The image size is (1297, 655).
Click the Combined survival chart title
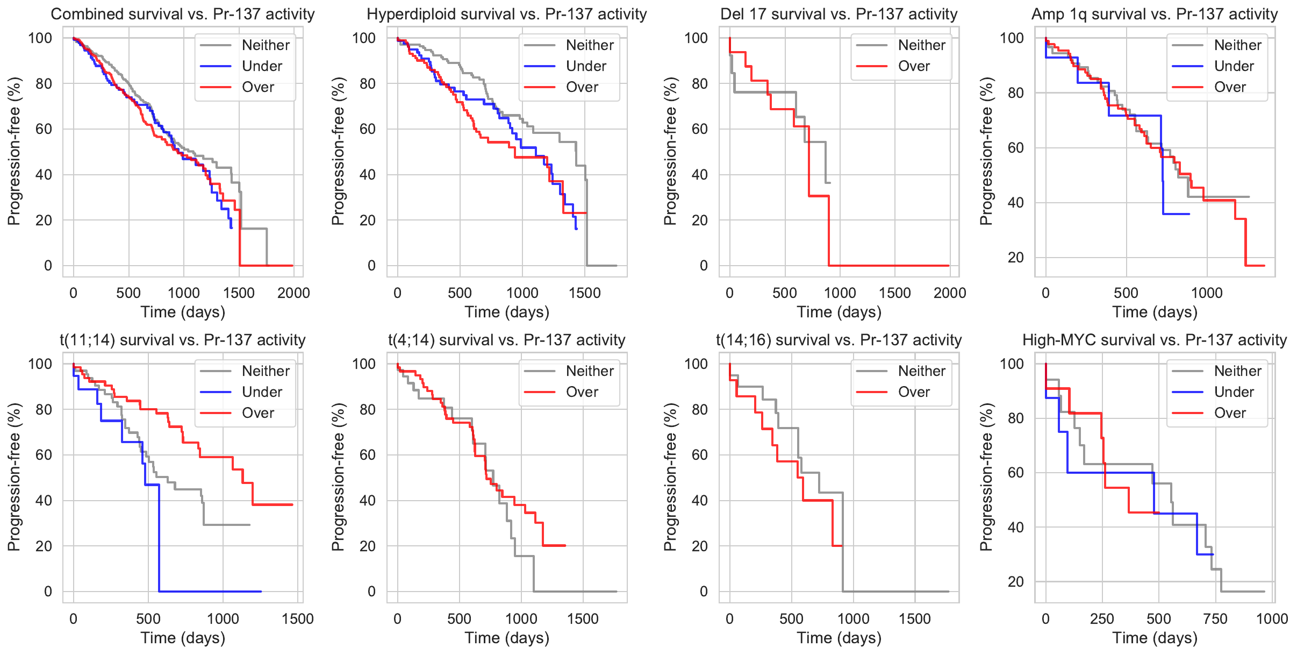click(183, 14)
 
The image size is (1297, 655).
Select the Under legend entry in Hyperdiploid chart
click(585, 66)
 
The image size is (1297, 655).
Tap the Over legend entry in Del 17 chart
click(914, 66)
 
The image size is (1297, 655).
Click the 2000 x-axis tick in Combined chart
click(293, 293)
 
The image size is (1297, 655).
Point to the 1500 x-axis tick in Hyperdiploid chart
click(585, 293)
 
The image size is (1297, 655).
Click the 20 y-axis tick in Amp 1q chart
click(1015, 258)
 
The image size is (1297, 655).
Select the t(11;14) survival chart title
click(183, 340)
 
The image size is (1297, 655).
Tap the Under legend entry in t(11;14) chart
click(262, 392)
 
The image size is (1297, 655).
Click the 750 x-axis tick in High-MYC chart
click(1215, 619)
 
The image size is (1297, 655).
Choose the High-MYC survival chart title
click(1155, 340)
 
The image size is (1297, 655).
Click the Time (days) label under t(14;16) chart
click(839, 638)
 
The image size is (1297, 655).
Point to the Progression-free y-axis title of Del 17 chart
click(670, 151)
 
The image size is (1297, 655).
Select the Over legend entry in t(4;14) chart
click(582, 392)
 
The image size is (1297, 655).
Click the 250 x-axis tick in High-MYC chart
click(1102, 619)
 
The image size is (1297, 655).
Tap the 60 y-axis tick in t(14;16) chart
click(699, 455)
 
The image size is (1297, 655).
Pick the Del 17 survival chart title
click(839, 14)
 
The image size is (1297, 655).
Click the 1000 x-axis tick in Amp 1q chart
click(1207, 293)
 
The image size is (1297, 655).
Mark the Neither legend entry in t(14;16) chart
click(921, 371)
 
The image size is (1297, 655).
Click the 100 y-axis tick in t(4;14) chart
click(363, 364)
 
